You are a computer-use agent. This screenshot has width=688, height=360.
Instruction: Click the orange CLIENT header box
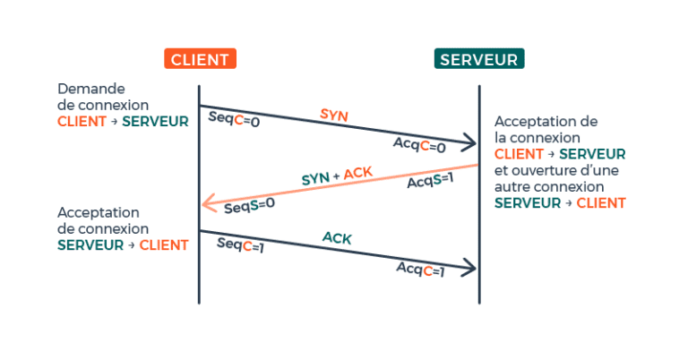coord(199,59)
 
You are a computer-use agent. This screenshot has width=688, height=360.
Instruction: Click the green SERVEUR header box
coord(479,59)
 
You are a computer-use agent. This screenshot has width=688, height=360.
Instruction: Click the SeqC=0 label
coord(234,119)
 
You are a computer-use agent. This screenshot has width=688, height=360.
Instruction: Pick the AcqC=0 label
coord(419,145)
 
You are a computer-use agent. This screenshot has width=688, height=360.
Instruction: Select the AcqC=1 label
coord(420,269)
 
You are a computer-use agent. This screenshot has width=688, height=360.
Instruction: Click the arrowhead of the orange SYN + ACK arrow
coord(207,205)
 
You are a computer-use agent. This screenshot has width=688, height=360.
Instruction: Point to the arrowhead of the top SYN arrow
coord(470,141)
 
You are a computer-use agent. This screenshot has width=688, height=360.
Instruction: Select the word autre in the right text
coord(514,187)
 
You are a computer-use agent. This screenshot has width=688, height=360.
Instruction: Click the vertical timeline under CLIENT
coord(199,278)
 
